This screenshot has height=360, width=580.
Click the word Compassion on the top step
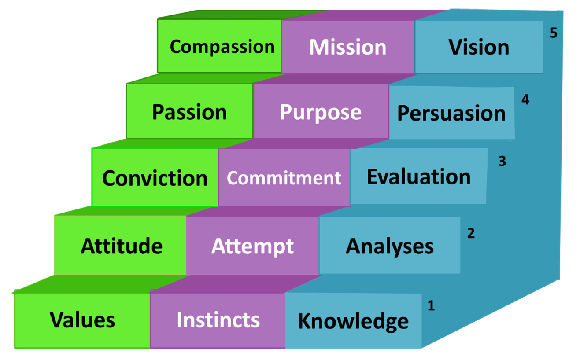click(222, 47)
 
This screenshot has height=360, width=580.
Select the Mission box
click(347, 47)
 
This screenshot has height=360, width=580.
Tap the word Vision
click(479, 47)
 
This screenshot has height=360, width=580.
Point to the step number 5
click(554, 33)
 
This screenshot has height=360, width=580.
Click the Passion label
click(189, 112)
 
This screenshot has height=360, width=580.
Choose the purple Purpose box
click(321, 112)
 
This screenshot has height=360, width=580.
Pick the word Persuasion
click(451, 113)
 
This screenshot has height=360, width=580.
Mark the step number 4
click(525, 100)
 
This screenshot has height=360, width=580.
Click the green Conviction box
click(155, 178)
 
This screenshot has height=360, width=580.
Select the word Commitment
click(284, 178)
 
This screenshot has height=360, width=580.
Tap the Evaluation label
click(418, 177)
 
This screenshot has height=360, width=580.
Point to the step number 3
click(502, 162)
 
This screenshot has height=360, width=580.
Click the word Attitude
click(121, 246)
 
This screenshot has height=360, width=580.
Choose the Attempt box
click(252, 246)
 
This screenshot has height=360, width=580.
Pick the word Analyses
click(389, 246)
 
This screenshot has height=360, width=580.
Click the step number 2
click(471, 233)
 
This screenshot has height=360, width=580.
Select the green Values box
click(82, 320)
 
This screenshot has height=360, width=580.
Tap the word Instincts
click(218, 320)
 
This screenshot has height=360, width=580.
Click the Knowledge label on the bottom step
click(353, 321)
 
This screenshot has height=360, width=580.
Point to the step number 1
click(431, 305)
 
